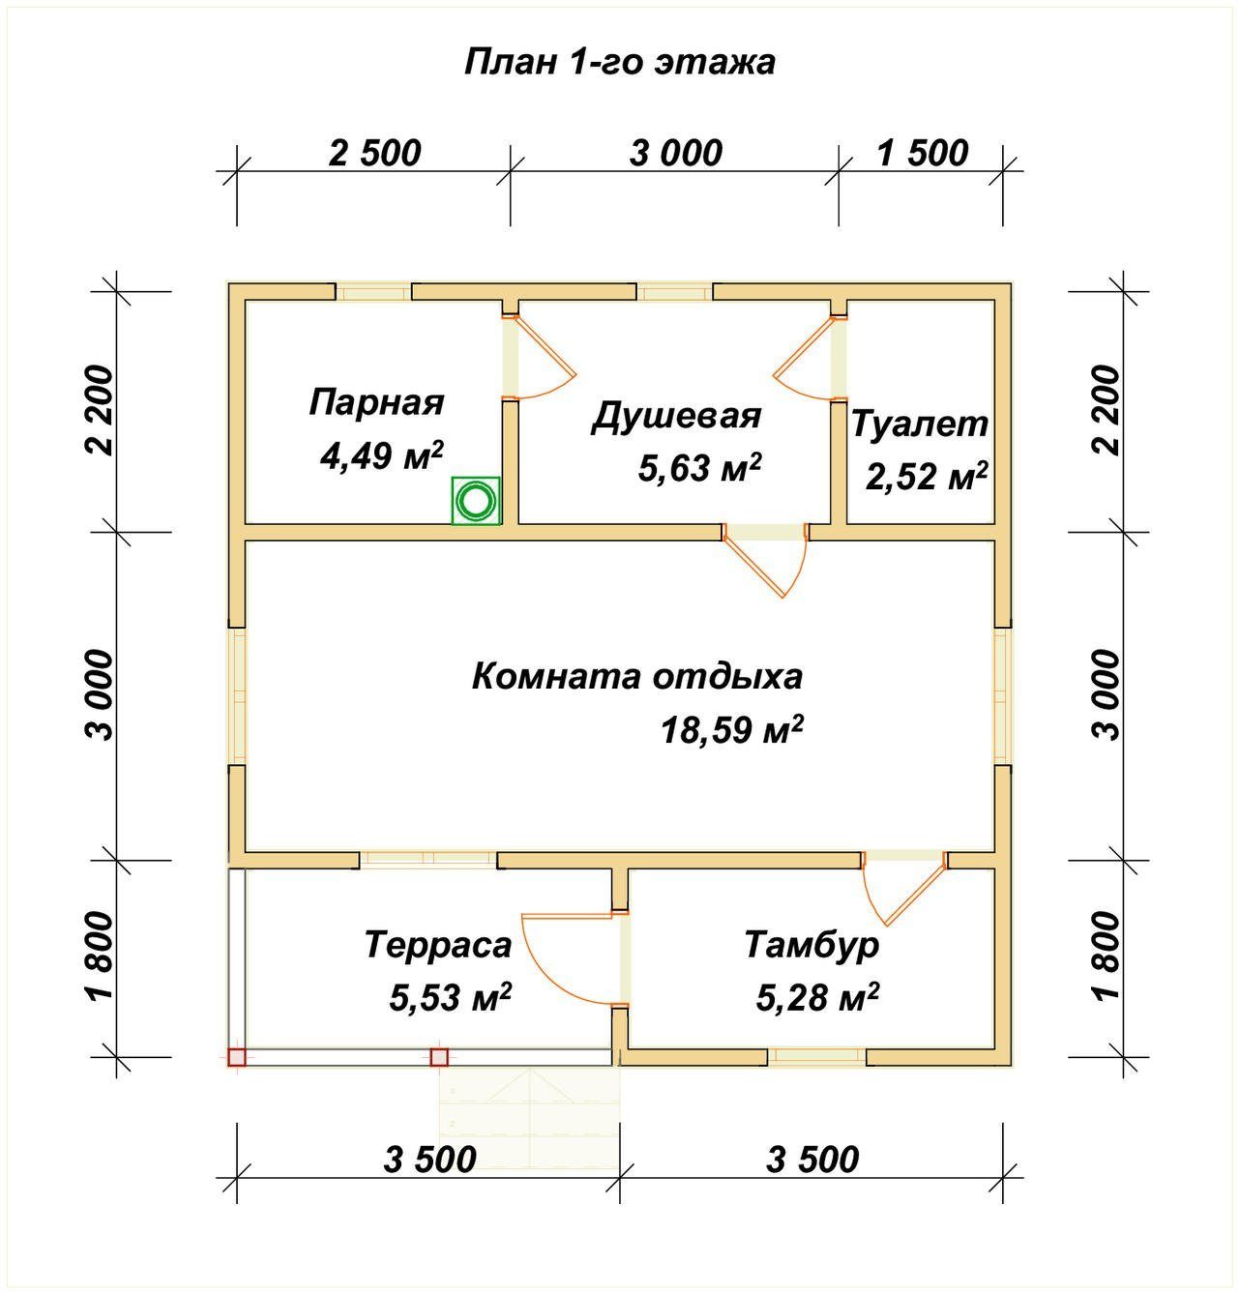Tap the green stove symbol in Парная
point(475,501)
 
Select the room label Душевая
point(676,417)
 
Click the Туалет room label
point(920,424)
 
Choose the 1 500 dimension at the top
point(923,153)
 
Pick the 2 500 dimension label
point(375,153)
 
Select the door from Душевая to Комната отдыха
point(765,558)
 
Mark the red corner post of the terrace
point(237,1057)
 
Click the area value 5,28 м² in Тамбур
point(817,997)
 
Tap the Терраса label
point(438,944)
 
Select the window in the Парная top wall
point(373,291)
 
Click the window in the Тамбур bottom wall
point(817,1056)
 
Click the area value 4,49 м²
point(381,455)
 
